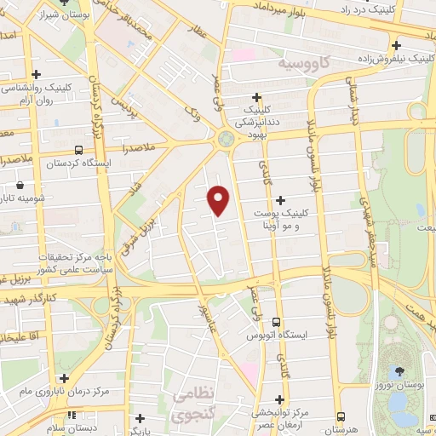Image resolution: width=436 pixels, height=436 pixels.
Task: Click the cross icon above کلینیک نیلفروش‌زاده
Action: [x=396, y=45]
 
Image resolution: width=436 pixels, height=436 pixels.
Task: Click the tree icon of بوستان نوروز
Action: [x=399, y=371]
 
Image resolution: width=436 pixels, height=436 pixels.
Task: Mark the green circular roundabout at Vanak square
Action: [x=227, y=139]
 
